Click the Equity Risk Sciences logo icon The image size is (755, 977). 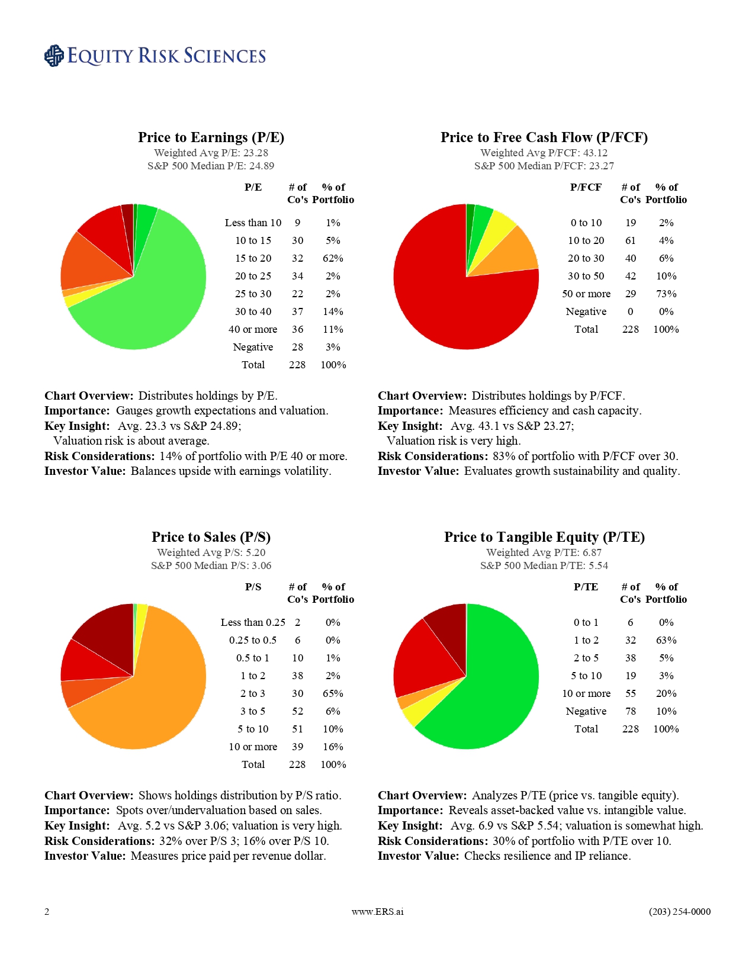(x=54, y=56)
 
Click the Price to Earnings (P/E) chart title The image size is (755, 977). (x=211, y=137)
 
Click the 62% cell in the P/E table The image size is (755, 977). (x=333, y=258)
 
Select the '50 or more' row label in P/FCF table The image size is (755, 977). (x=586, y=294)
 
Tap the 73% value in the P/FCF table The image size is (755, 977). (x=666, y=294)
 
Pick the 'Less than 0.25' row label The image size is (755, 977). (x=253, y=622)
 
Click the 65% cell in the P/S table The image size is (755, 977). (x=333, y=693)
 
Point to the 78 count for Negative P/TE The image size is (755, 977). (x=630, y=711)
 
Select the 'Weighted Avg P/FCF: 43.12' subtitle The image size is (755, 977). (x=544, y=153)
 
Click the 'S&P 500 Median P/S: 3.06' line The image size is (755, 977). (x=211, y=565)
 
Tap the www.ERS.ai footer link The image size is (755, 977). (x=377, y=911)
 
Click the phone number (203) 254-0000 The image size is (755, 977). (x=679, y=911)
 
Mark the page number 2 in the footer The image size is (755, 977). (x=47, y=911)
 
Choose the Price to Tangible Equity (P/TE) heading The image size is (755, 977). (x=544, y=537)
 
